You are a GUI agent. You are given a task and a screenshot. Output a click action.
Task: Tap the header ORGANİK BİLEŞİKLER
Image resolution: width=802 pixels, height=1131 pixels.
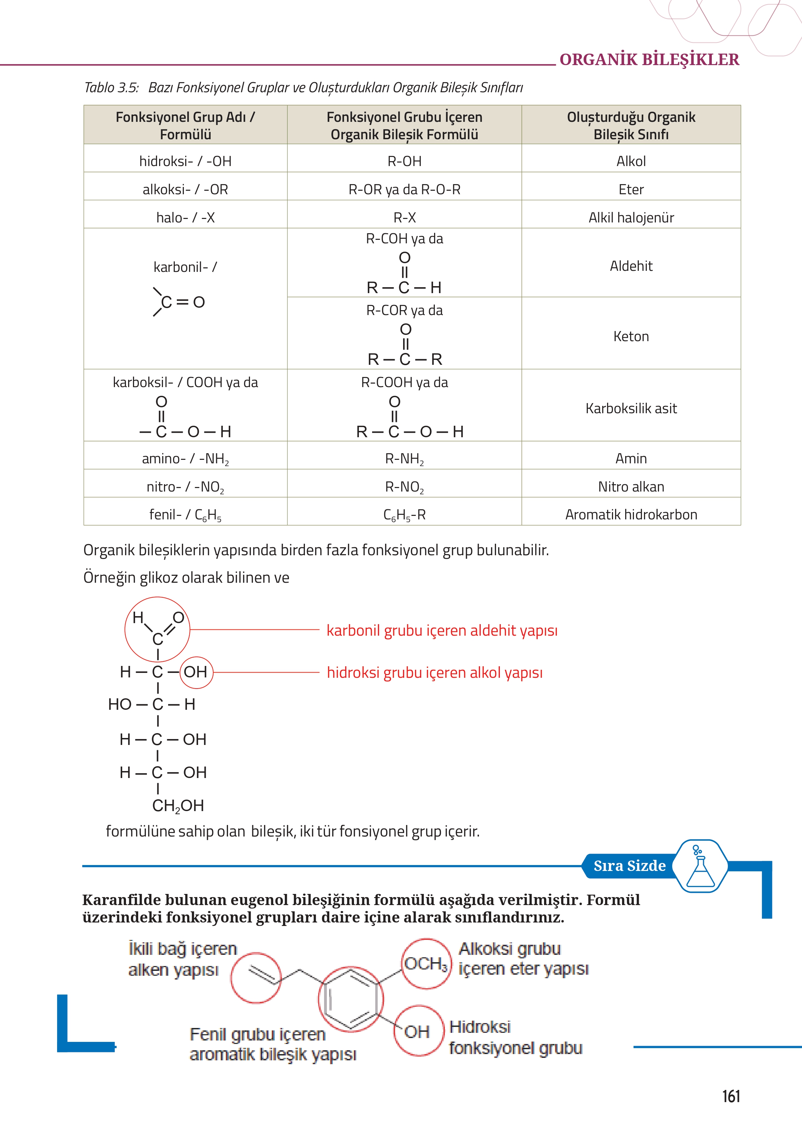tap(649, 60)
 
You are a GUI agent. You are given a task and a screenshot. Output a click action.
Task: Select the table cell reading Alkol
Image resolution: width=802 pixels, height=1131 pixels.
tap(631, 161)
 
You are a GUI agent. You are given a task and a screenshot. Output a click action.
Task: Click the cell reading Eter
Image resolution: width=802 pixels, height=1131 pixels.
tap(631, 189)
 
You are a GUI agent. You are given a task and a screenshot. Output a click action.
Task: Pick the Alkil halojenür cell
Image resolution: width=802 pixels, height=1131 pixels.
tap(631, 217)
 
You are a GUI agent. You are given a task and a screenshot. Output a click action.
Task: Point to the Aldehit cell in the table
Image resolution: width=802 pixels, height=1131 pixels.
tap(631, 266)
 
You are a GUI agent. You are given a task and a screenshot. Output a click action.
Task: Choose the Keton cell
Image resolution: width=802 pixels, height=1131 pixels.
tap(631, 336)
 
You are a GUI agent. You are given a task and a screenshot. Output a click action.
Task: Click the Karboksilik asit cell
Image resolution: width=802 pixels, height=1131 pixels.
tap(631, 408)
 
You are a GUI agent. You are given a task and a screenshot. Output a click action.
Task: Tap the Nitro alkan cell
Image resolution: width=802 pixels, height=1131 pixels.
tap(631, 486)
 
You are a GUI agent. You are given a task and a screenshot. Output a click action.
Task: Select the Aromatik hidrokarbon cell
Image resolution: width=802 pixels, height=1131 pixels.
tap(631, 515)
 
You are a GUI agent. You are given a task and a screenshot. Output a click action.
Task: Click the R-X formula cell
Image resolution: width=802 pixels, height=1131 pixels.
tap(404, 217)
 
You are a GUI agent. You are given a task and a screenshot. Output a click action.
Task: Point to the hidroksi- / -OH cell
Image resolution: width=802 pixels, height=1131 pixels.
tap(185, 161)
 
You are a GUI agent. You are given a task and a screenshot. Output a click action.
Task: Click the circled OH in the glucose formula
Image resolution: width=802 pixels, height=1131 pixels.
tap(196, 672)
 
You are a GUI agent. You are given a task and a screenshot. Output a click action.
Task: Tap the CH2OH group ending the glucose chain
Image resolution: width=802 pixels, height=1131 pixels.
tap(178, 806)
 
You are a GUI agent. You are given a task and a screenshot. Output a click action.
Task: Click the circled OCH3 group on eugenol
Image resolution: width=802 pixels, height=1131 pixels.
tap(426, 964)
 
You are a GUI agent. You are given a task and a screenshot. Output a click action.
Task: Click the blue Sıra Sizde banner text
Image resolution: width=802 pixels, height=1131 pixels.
tap(629, 866)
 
